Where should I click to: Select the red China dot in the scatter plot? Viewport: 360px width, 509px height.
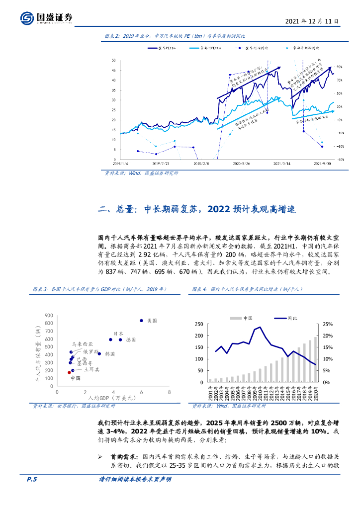[x=69, y=372]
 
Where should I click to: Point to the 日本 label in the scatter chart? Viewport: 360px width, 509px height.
[x=118, y=334]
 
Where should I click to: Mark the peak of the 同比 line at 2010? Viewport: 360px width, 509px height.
[x=260, y=327]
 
